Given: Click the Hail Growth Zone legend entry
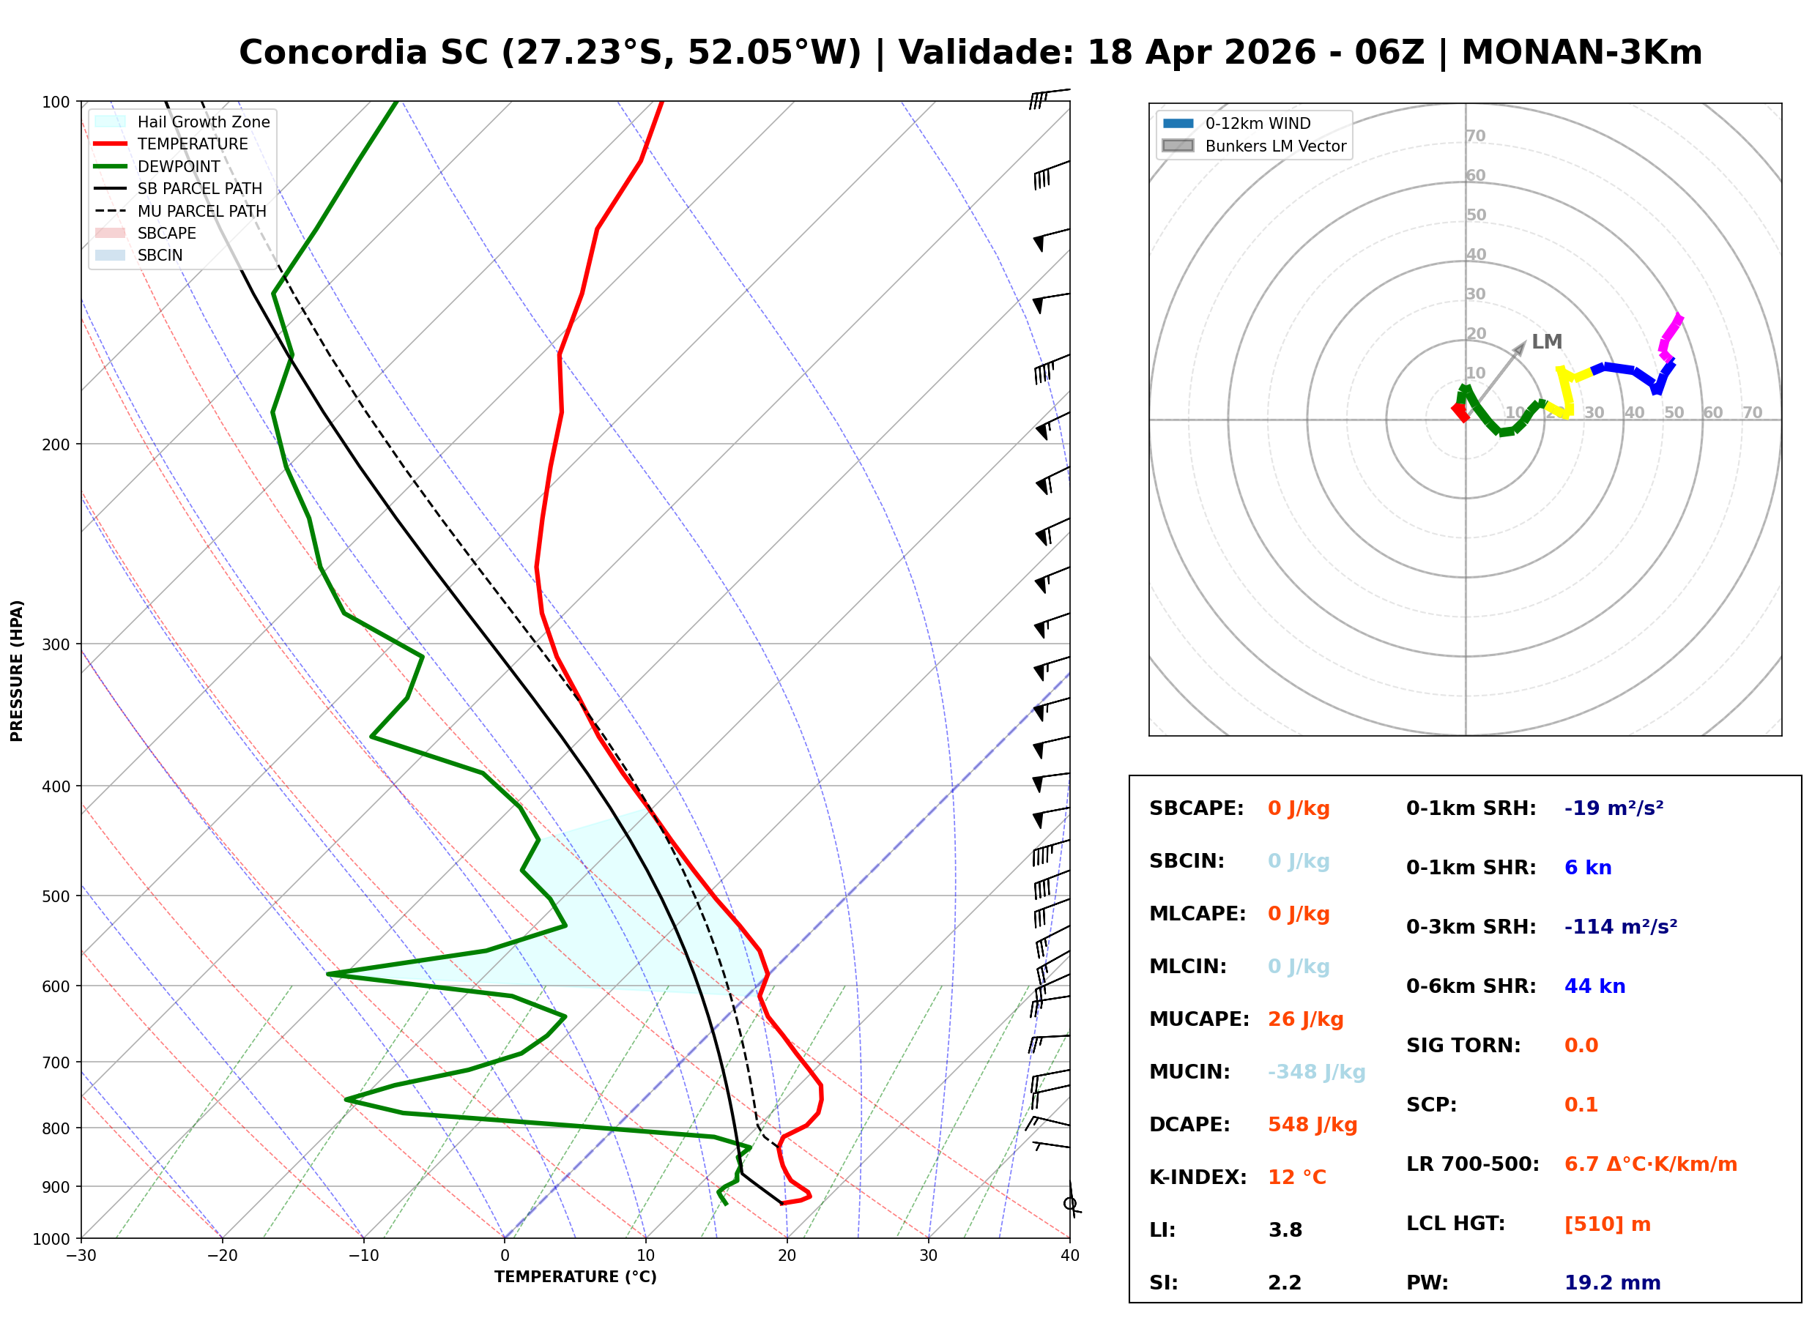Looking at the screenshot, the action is tap(182, 122).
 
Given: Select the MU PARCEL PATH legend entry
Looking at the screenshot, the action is tap(181, 211).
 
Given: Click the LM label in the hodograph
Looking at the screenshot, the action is tap(1546, 341).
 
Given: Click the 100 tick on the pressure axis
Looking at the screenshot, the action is tap(56, 103).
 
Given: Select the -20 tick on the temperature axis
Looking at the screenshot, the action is tap(222, 1256).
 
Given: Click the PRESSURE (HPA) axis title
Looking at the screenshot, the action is tap(17, 671).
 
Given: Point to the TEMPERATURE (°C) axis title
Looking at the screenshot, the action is tap(575, 1277).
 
